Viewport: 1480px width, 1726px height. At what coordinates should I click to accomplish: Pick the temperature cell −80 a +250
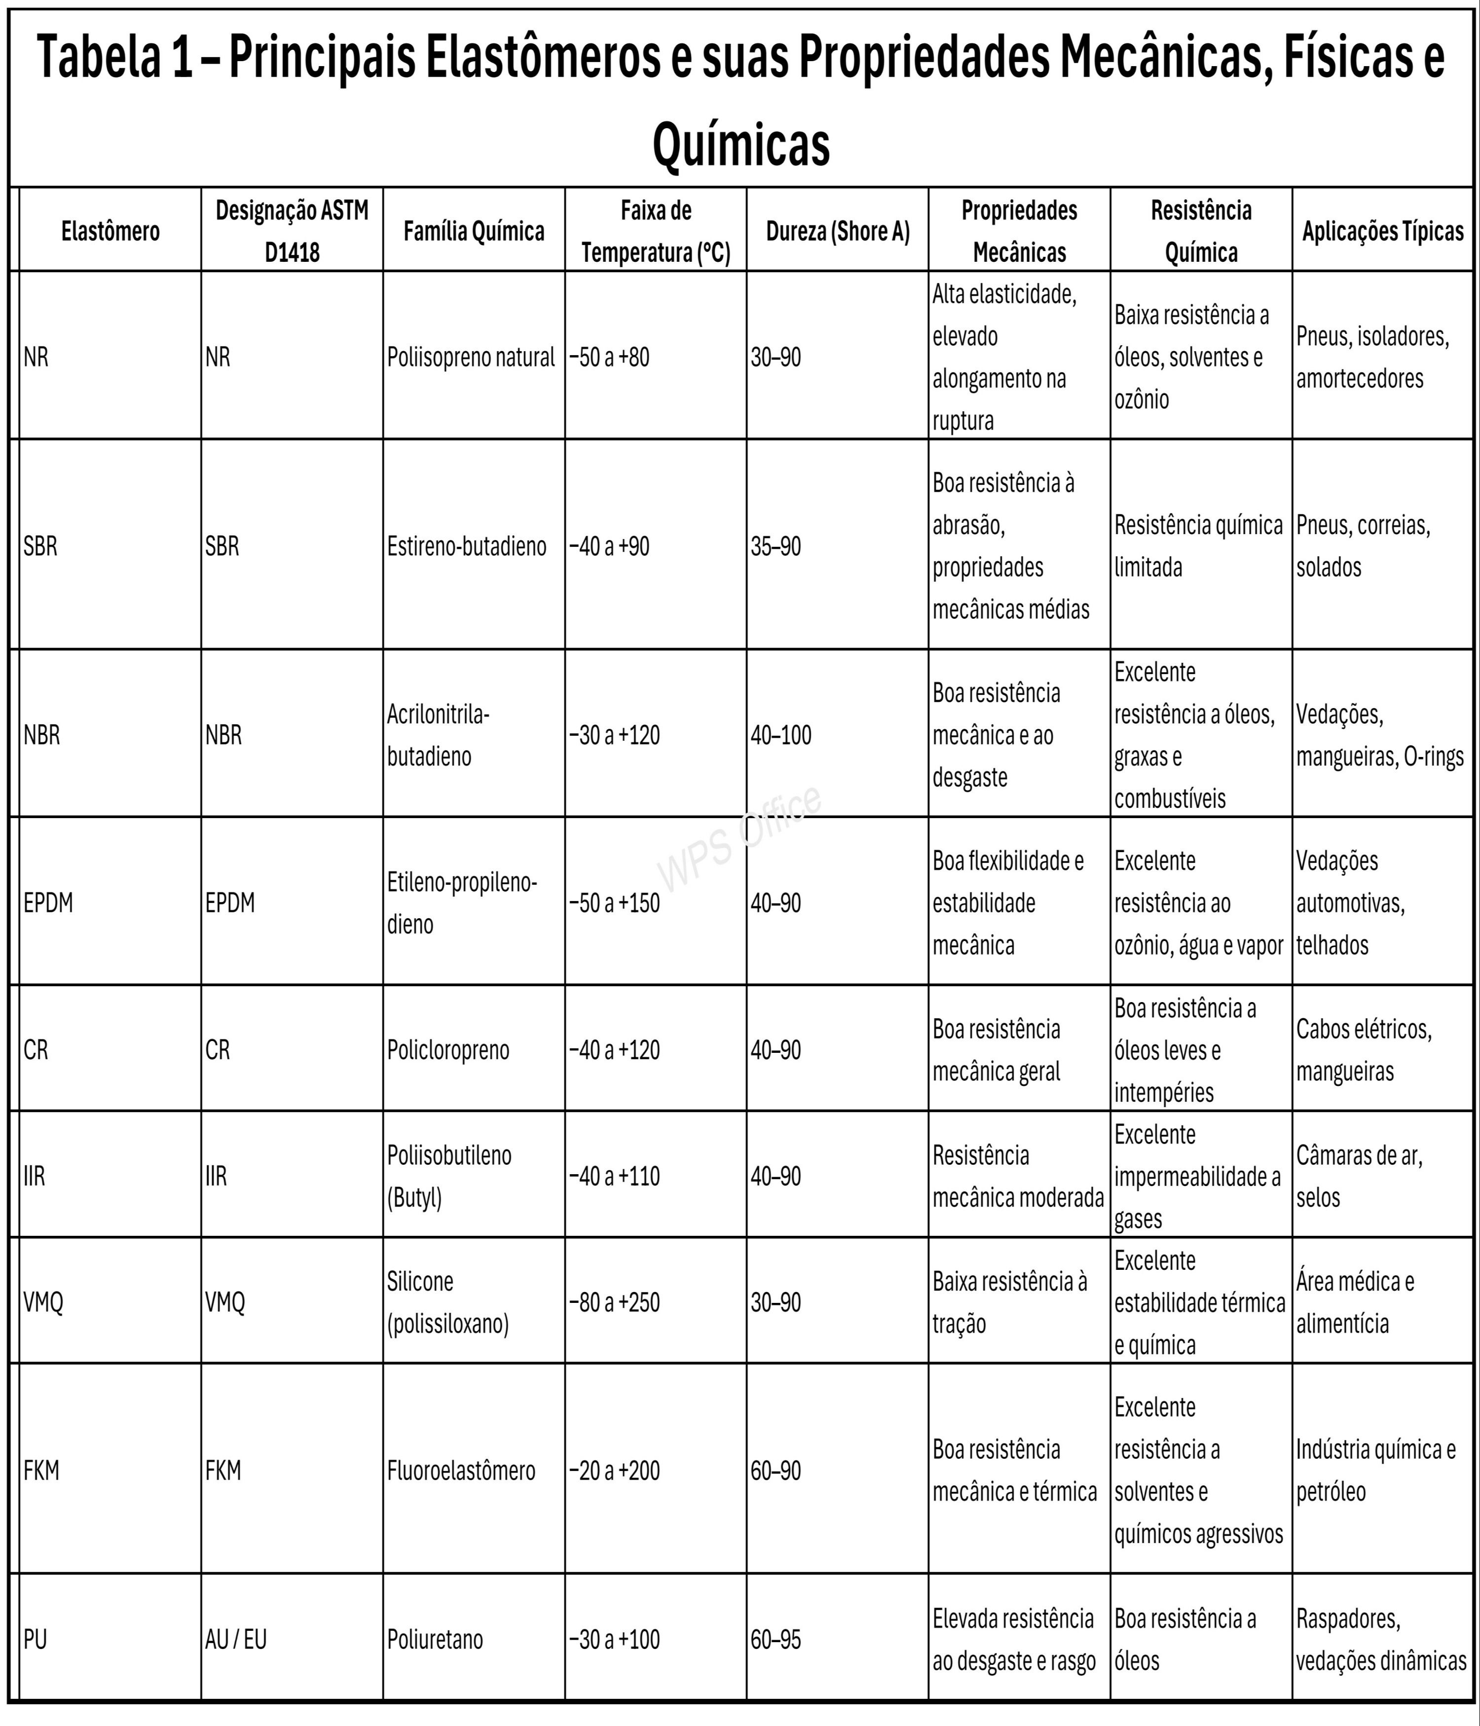pos(614,1302)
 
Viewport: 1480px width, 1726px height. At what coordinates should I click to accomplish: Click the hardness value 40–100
pos(781,735)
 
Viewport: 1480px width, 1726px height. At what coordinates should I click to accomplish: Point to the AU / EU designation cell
pos(236,1639)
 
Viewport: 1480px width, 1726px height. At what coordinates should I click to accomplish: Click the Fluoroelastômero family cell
pos(461,1470)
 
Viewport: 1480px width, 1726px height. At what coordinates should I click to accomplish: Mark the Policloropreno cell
pos(447,1049)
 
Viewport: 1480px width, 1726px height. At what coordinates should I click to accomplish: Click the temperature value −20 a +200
pos(614,1470)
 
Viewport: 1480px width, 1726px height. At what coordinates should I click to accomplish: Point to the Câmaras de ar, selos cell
pos(1359,1176)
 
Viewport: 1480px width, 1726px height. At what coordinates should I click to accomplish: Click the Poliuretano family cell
pos(435,1639)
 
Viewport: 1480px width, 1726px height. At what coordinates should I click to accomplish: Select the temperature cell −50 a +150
pos(614,903)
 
